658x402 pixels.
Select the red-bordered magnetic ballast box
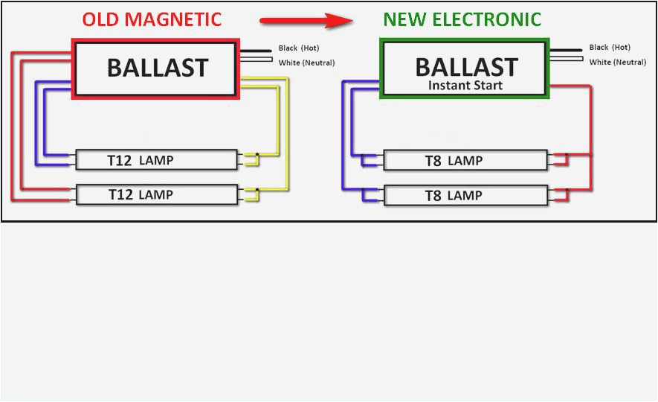(x=156, y=68)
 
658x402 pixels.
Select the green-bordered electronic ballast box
(x=465, y=68)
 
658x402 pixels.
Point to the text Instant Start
(x=465, y=85)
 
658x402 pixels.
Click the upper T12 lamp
(x=156, y=160)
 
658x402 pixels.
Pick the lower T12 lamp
(x=156, y=195)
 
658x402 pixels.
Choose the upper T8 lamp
(x=465, y=161)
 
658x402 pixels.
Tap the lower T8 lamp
(x=465, y=196)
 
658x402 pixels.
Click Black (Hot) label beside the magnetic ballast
(x=299, y=48)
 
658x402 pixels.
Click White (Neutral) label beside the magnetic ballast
(x=306, y=63)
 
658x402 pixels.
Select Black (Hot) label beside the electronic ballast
(x=610, y=48)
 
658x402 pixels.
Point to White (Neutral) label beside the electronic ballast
(x=617, y=63)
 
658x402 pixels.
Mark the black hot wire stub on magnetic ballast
(x=257, y=50)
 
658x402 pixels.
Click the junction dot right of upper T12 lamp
(x=257, y=156)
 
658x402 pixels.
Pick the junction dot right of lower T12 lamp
(x=257, y=191)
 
